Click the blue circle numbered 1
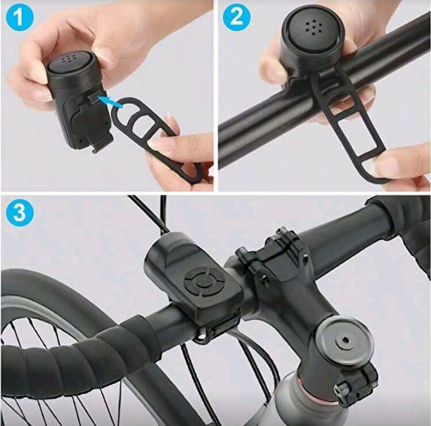(x=19, y=18)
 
